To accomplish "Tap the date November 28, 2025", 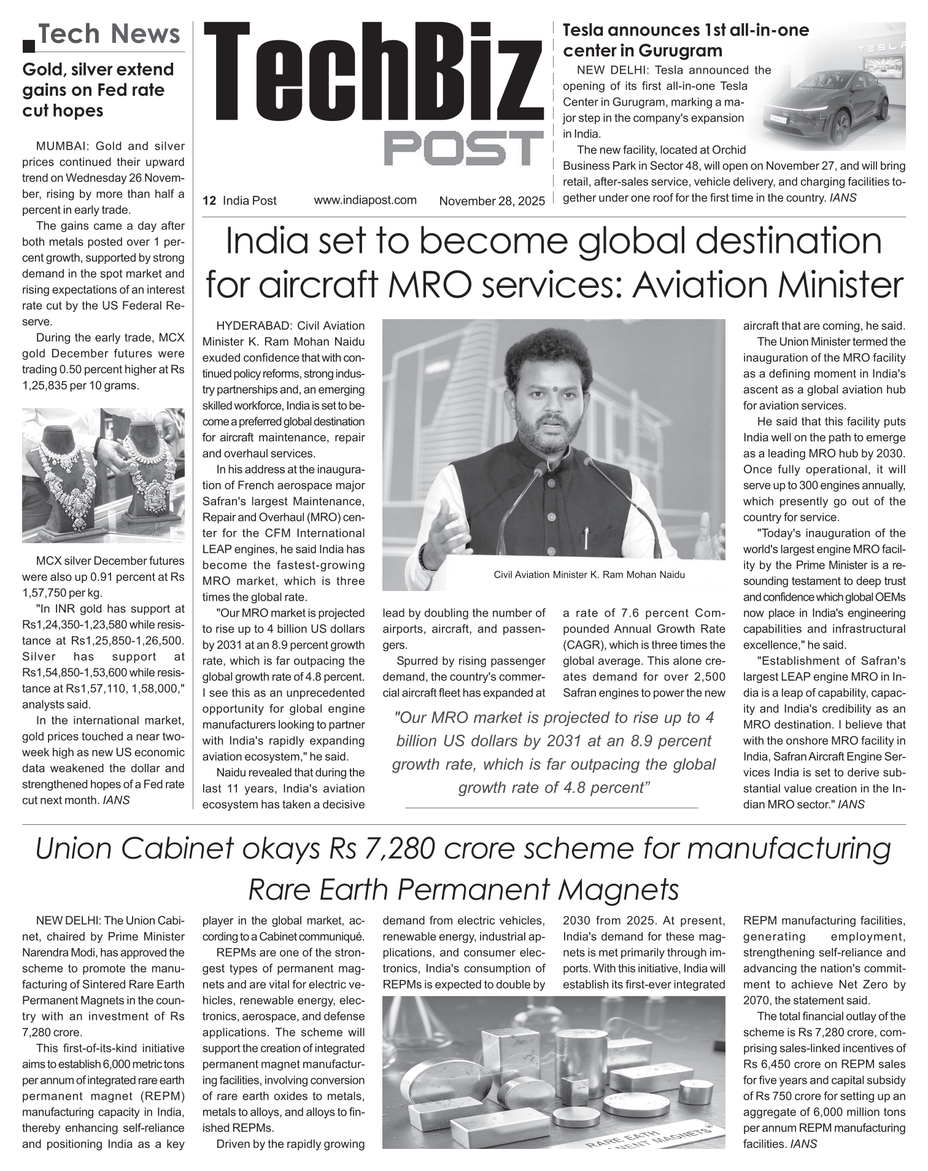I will point(492,201).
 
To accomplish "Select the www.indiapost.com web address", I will point(365,200).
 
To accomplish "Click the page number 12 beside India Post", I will point(209,201).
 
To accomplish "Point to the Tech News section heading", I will point(109,34).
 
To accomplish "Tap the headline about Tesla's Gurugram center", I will point(686,40).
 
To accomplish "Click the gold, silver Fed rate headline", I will point(98,90).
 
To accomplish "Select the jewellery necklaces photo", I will point(103,475).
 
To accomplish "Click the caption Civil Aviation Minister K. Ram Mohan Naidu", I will point(589,575).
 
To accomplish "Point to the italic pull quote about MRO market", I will point(554,752).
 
